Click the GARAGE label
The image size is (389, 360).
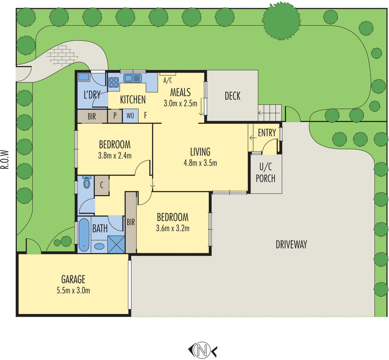73,279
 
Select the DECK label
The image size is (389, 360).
232,96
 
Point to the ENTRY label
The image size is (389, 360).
266,133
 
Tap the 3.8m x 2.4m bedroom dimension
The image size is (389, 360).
115,155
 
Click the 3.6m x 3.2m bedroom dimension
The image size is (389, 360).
172,228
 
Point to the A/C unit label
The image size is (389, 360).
168,80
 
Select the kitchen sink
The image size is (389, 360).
132,78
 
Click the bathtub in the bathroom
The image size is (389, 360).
85,236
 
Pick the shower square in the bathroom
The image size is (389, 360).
117,243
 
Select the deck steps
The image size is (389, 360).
269,112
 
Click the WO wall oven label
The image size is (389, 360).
130,116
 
